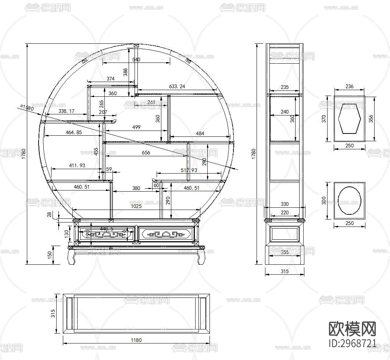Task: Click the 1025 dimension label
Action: pyautogui.click(x=136, y=206)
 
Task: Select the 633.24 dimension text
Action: pyautogui.click(x=177, y=86)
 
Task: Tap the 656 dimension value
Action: pyautogui.click(x=146, y=153)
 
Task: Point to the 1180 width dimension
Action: pyautogui.click(x=136, y=340)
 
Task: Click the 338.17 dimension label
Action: pyautogui.click(x=66, y=111)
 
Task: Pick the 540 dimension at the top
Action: pyautogui.click(x=136, y=60)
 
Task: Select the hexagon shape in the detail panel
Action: pyautogui.click(x=350, y=118)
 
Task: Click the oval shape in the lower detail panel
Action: pyautogui.click(x=350, y=200)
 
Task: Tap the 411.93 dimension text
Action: pyautogui.click(x=77, y=166)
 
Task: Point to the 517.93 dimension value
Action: pyautogui.click(x=189, y=170)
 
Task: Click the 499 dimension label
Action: pyautogui.click(x=136, y=127)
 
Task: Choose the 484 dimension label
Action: pyautogui.click(x=200, y=133)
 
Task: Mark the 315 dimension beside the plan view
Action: pyautogui.click(x=53, y=313)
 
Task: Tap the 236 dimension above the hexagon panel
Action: pyautogui.click(x=350, y=86)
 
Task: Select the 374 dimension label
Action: pyautogui.click(x=110, y=79)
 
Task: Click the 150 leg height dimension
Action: pyautogui.click(x=50, y=255)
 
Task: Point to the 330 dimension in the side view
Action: pyautogui.click(x=285, y=204)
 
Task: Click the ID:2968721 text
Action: pyautogui.click(x=352, y=344)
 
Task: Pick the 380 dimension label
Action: pyautogui.click(x=136, y=188)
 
